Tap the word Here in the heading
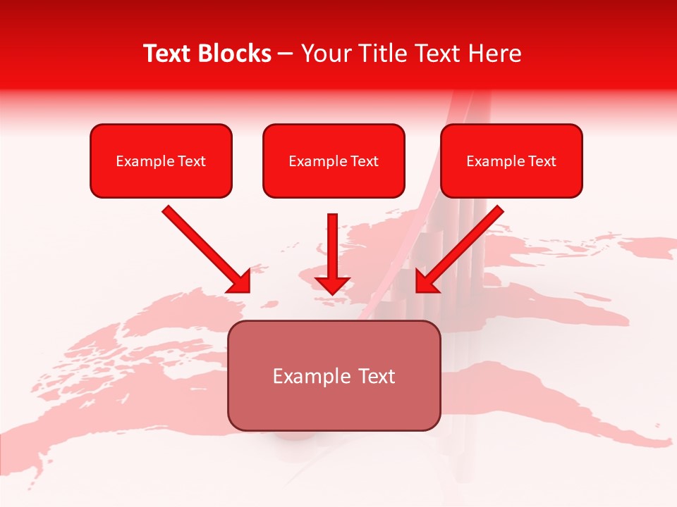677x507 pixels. [494, 54]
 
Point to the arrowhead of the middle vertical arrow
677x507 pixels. [332, 284]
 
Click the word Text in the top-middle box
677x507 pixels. [365, 161]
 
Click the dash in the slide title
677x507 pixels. [286, 54]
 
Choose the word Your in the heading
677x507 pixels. [324, 54]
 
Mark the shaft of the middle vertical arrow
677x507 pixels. [332, 243]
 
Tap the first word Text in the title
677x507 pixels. [168, 54]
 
